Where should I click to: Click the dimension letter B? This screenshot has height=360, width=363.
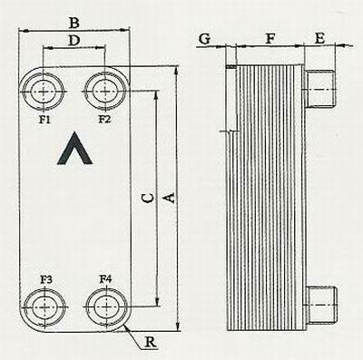[74, 23]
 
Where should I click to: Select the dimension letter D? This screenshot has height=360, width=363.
[74, 41]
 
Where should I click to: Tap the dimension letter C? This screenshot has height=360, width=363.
[148, 198]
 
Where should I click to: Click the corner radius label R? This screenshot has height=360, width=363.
[151, 342]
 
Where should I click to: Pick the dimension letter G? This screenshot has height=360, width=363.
[204, 39]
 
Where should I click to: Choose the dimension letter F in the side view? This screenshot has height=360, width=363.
[270, 39]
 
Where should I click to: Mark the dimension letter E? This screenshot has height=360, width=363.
[319, 38]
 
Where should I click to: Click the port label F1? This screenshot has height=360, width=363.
[44, 120]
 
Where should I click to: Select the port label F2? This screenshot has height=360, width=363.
[104, 120]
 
